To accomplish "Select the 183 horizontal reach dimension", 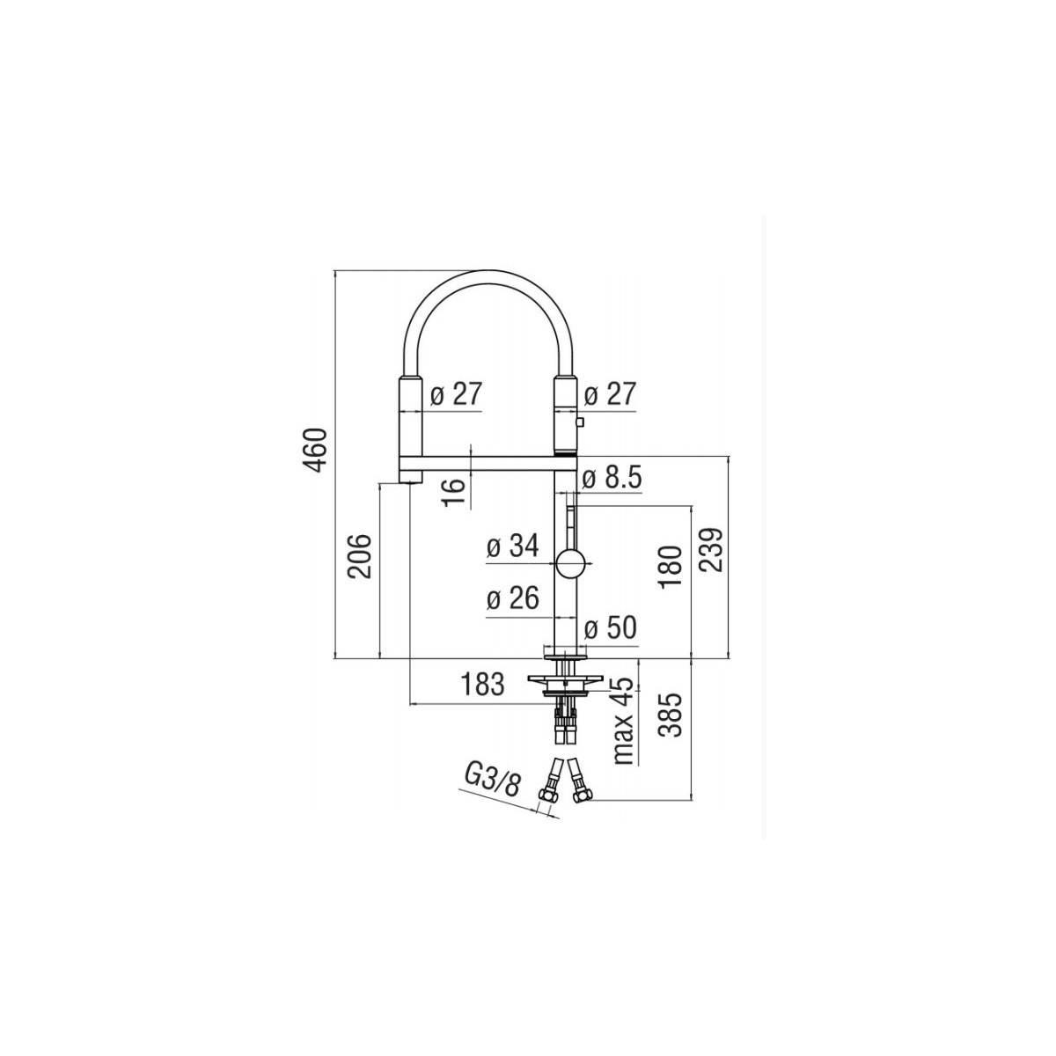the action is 482,685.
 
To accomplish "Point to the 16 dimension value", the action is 455,492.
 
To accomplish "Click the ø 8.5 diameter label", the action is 612,479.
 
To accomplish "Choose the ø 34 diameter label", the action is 513,546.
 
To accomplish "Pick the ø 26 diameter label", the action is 513,598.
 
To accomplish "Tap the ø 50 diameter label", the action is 610,627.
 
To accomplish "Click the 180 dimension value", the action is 671,568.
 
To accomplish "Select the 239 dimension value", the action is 711,550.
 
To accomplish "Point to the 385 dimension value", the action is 671,715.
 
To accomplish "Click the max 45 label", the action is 624,722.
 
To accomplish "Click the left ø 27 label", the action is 455,393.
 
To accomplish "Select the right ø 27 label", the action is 609,393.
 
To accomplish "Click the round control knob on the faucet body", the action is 571,563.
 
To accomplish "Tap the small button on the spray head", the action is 580,422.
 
